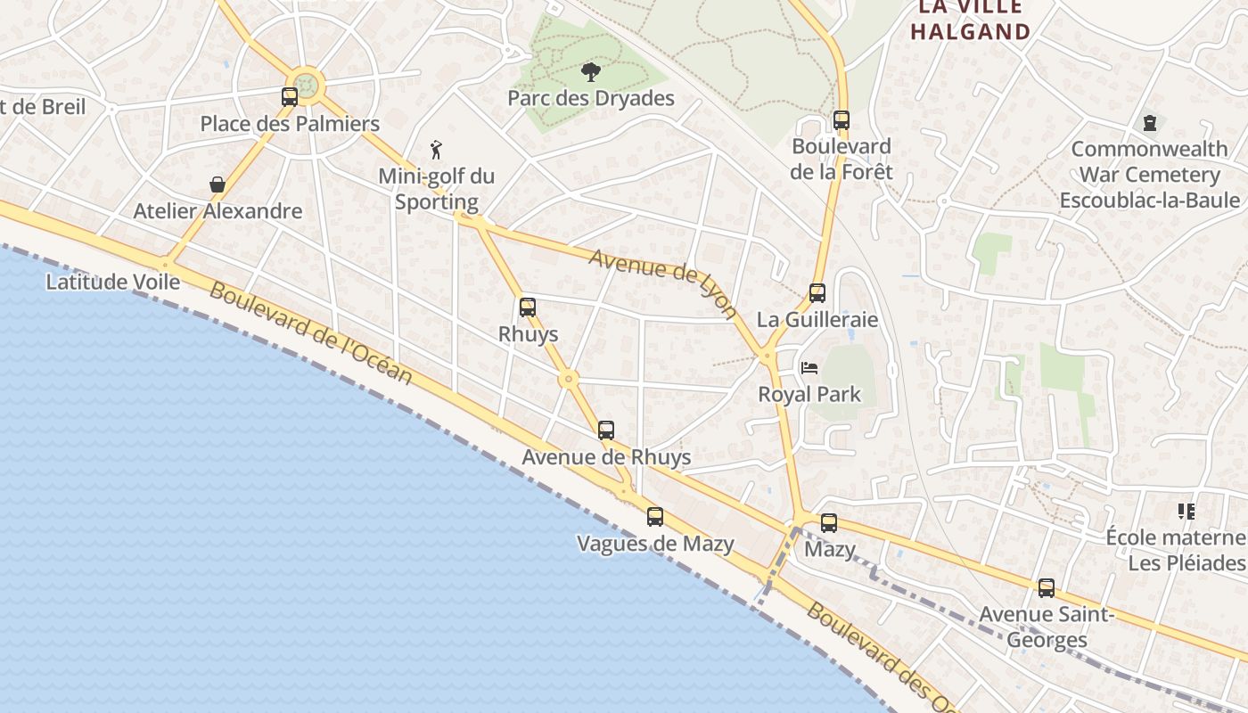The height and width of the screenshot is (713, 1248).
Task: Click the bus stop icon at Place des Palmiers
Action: [290, 97]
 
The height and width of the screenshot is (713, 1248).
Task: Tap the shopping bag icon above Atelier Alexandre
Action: [217, 184]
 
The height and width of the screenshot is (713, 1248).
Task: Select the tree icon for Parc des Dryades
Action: [590, 72]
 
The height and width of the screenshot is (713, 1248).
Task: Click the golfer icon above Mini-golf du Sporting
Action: [436, 150]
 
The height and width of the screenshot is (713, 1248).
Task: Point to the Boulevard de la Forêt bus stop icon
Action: [842, 120]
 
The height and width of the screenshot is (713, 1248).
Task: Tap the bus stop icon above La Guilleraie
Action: [817, 292]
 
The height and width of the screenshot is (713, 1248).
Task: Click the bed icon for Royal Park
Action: [809, 367]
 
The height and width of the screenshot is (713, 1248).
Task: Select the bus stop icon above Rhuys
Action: [528, 307]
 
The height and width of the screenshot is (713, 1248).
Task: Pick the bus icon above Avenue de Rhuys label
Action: [606, 430]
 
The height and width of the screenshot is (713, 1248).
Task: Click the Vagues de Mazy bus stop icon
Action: [655, 517]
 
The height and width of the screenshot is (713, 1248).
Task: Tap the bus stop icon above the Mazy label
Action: [829, 523]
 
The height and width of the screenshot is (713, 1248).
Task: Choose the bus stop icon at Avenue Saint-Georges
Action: [1047, 588]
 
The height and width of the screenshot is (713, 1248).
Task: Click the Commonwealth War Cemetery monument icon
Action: [1150, 122]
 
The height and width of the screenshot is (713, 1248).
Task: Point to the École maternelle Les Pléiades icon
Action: [1186, 512]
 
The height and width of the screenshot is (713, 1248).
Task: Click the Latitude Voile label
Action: [113, 283]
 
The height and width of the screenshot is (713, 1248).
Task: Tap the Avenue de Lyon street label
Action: [664, 281]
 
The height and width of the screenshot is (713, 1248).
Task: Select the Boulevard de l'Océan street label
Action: [312, 333]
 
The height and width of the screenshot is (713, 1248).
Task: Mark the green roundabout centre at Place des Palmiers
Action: [307, 86]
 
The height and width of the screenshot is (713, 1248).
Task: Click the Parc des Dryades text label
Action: [591, 98]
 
